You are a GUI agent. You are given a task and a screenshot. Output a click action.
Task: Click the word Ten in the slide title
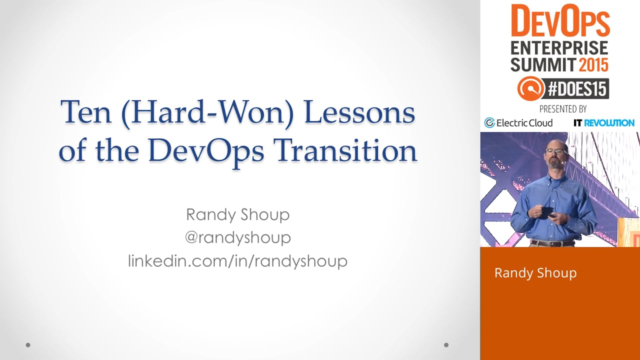(85, 112)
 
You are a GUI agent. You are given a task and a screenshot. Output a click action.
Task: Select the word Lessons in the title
(359, 112)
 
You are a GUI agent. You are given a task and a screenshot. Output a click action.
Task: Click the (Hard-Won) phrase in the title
(207, 113)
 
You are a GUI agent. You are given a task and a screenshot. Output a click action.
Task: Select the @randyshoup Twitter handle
(237, 237)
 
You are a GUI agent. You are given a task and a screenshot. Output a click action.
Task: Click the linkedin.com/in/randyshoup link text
(237, 261)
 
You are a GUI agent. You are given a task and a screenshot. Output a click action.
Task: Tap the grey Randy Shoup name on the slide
(237, 214)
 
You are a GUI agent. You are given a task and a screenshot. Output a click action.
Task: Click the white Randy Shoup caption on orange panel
(535, 273)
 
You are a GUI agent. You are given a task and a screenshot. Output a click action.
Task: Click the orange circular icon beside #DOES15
(531, 88)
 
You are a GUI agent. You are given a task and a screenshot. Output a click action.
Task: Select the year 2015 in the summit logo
(593, 65)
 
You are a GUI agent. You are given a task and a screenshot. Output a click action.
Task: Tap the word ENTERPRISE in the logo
(559, 47)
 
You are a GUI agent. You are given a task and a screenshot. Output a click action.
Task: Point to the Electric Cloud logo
(518, 123)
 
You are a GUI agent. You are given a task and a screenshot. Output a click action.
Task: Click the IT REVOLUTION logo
(604, 123)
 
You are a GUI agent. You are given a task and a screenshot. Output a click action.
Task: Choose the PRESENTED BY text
(563, 109)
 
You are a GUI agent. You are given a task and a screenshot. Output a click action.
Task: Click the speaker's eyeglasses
(555, 151)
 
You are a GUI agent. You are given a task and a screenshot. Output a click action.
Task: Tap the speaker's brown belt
(552, 243)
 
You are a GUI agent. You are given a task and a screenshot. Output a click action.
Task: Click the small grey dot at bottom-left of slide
(28, 345)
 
